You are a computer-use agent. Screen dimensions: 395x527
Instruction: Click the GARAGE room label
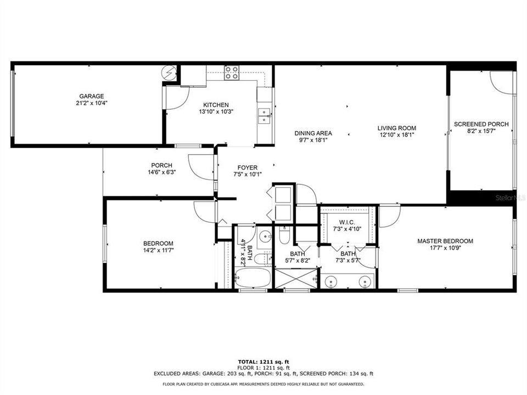point(91,96)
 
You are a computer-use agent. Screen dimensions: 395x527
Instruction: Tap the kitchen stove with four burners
point(232,72)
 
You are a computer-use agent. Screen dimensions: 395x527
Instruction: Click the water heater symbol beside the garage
point(170,72)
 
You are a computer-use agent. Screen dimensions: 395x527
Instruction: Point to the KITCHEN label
point(216,105)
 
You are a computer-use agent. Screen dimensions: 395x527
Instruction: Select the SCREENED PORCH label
point(481,124)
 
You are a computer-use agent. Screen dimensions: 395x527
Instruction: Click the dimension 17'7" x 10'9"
point(445,249)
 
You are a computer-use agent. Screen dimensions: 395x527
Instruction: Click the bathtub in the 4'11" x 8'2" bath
point(253,278)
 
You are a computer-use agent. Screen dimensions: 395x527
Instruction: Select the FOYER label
point(247,168)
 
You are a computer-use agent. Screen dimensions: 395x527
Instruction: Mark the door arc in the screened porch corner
point(501,81)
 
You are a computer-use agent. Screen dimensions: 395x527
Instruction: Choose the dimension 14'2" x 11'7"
point(158,251)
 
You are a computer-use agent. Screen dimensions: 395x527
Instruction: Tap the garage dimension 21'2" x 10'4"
point(91,103)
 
